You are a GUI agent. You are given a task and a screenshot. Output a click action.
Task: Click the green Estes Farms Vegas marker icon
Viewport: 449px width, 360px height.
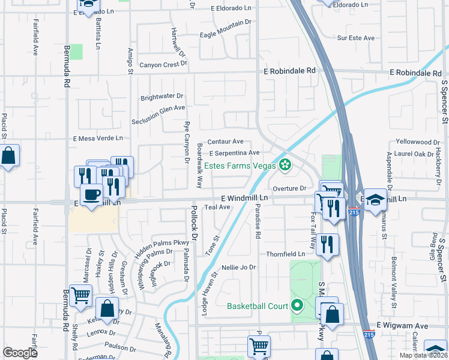[285, 166]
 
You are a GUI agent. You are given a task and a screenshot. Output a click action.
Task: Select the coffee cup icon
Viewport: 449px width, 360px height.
[91, 196]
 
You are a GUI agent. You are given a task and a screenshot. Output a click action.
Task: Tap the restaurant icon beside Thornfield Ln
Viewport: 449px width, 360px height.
[327, 244]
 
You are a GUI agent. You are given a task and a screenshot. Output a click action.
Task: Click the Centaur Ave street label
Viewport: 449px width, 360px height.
[225, 142]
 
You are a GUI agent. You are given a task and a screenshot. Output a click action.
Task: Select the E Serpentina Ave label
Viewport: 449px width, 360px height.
[234, 153]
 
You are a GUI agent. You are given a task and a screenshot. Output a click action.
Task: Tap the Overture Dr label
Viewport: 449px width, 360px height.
[290, 188]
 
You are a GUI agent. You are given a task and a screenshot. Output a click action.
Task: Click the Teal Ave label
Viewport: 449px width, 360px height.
[217, 207]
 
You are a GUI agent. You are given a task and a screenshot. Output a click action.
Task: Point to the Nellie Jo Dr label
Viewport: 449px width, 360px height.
[238, 267]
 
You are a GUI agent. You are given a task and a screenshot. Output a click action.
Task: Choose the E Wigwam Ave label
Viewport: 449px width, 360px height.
[402, 325]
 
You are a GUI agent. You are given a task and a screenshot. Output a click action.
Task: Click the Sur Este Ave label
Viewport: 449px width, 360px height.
[356, 38]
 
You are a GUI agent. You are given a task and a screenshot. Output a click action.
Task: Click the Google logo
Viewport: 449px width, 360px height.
[20, 353]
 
